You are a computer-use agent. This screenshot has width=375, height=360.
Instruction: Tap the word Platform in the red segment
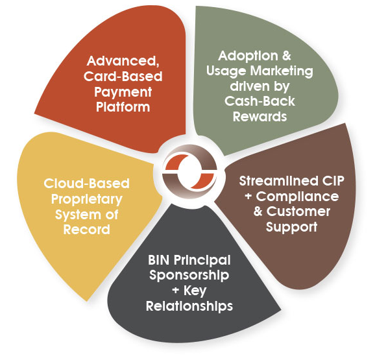click(x=123, y=107)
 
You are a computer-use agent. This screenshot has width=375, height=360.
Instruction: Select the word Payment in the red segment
click(x=123, y=93)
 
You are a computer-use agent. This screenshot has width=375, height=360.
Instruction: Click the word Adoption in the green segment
click(x=248, y=56)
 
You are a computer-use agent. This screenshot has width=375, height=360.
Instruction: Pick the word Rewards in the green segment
click(x=260, y=117)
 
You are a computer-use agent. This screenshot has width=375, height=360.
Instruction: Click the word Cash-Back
click(x=260, y=101)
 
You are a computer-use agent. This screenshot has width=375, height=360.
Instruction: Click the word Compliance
click(x=297, y=197)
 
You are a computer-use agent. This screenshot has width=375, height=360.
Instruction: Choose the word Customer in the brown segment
click(x=298, y=211)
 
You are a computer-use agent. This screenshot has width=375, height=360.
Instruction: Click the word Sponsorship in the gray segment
click(x=189, y=276)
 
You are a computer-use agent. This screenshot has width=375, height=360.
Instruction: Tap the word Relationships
click(x=189, y=306)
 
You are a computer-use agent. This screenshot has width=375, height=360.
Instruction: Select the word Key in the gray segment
click(x=195, y=291)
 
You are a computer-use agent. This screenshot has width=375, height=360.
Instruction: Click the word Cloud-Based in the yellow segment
click(x=86, y=184)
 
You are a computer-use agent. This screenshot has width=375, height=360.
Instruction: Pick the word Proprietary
click(x=86, y=199)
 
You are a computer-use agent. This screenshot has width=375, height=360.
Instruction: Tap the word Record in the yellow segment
click(x=86, y=230)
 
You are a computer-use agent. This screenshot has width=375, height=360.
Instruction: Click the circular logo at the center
click(x=189, y=171)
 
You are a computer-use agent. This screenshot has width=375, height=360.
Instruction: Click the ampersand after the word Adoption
click(x=287, y=56)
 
